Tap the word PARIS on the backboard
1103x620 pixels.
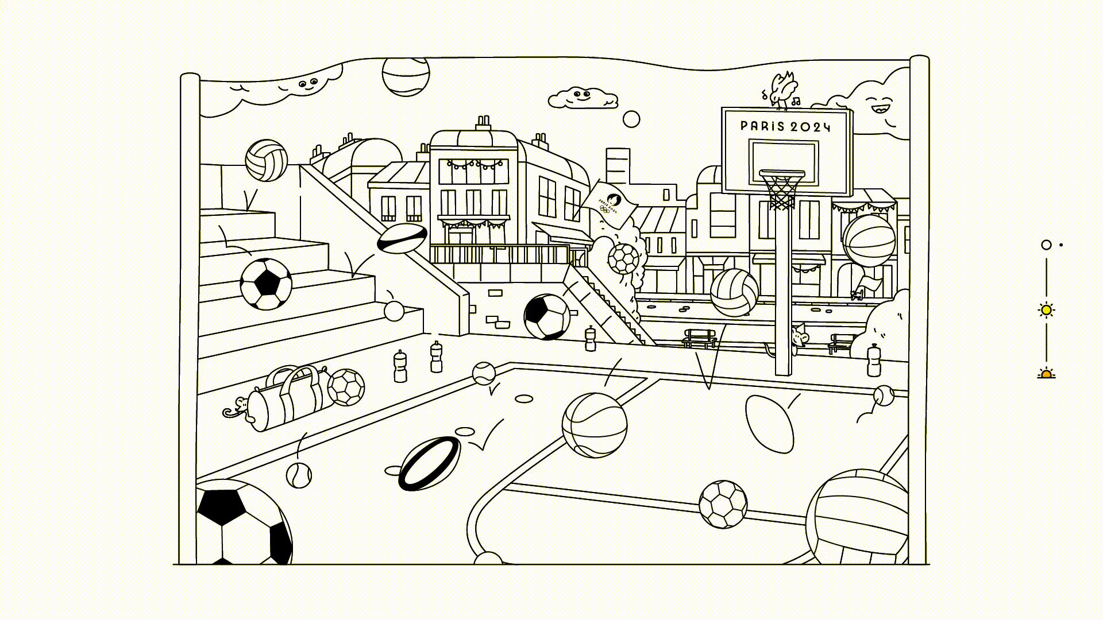point(762,126)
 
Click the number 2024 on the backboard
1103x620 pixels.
point(811,127)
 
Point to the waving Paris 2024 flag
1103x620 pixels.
point(608,204)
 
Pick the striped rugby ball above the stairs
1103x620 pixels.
point(402,238)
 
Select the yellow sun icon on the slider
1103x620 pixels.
point(1046,310)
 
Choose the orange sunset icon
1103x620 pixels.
point(1046,374)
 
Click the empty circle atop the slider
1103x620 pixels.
point(1046,245)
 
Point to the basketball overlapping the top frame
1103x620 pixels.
point(406,76)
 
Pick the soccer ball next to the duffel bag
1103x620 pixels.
point(346,387)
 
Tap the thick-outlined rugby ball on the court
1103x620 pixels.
point(430,463)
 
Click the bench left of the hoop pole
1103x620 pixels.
point(700,338)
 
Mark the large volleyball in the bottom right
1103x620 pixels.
point(857,517)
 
